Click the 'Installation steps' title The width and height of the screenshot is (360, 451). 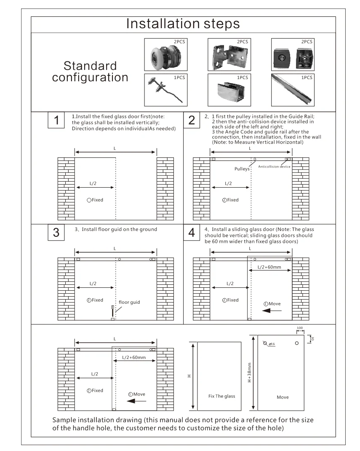click(183, 24)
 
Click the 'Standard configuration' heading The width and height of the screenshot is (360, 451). click(90, 72)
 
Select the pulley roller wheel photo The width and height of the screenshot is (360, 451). click(165, 54)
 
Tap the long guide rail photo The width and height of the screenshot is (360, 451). click(292, 90)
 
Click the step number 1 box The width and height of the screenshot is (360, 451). click(56, 120)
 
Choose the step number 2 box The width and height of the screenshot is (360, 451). click(192, 120)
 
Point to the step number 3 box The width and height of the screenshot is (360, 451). click(56, 232)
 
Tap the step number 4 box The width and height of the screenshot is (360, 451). click(192, 232)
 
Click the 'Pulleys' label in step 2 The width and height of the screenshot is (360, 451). click(242, 169)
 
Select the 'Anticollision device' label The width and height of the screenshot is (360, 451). click(274, 167)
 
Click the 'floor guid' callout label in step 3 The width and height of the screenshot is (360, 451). click(129, 302)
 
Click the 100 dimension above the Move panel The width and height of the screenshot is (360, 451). click(300, 327)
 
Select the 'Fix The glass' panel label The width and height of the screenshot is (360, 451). click(222, 396)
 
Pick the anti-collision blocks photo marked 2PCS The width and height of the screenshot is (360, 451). click(292, 54)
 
